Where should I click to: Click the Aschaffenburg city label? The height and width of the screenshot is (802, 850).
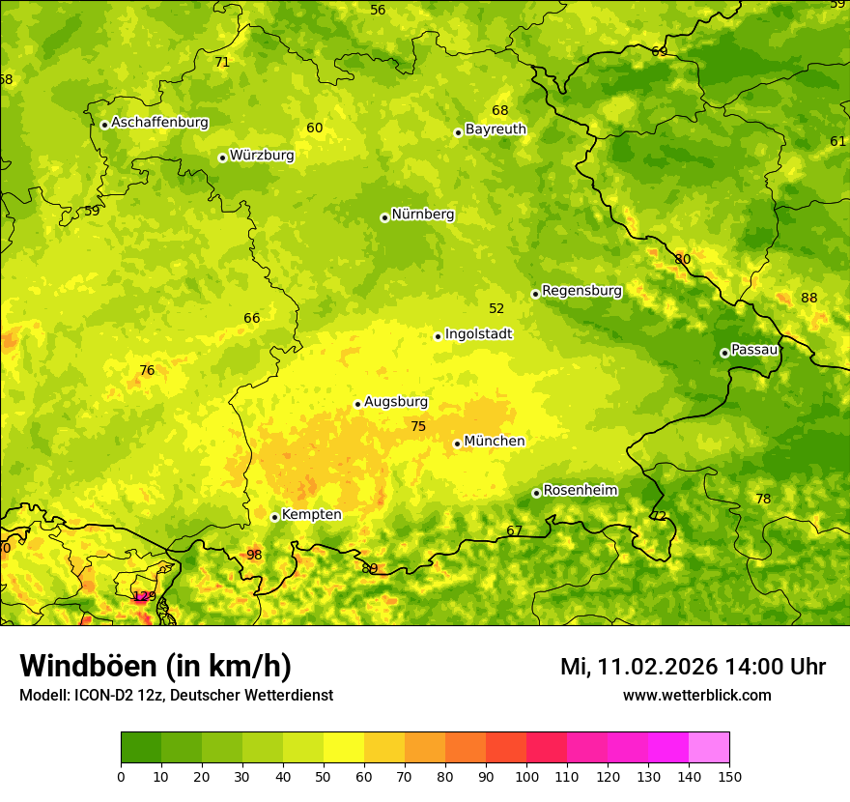tap(159, 123)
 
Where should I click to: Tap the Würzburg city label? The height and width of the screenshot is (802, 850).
tap(262, 156)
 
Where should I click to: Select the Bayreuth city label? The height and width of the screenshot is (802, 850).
tap(496, 129)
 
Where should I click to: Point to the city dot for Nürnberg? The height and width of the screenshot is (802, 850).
tap(384, 217)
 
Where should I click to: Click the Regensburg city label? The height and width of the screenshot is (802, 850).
tap(581, 291)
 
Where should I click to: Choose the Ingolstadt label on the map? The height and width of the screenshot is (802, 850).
tap(478, 334)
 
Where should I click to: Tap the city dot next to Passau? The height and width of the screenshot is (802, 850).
tap(724, 353)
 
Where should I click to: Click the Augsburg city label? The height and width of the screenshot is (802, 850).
tap(396, 402)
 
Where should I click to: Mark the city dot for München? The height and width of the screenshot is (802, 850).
tap(457, 444)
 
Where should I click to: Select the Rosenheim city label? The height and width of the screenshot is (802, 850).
tap(580, 491)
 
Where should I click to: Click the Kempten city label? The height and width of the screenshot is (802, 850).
tap(311, 515)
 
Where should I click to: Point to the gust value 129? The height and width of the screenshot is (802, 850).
tap(144, 596)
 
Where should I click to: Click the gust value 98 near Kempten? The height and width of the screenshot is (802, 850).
tap(254, 556)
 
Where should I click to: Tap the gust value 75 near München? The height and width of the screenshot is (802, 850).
tap(418, 427)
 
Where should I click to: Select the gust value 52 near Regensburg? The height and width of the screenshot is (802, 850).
tap(496, 309)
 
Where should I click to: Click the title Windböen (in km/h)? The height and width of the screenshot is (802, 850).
tap(156, 667)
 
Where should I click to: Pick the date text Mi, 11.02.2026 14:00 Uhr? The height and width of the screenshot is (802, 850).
tap(693, 667)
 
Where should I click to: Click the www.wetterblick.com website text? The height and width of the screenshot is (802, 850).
tap(696, 696)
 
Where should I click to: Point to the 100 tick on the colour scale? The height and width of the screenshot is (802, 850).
tap(526, 776)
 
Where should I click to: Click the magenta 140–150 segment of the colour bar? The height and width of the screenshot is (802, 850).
tap(709, 748)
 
